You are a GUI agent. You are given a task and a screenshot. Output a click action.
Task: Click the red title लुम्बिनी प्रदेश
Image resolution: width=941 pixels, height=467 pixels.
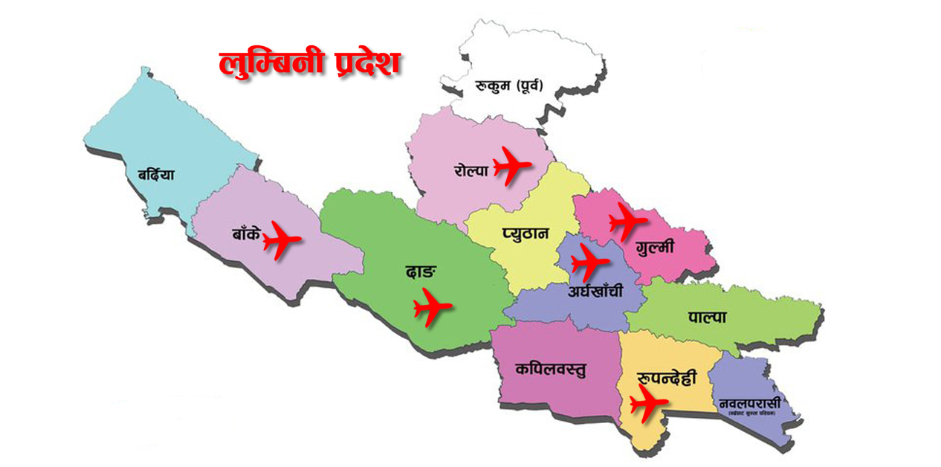pyautogui.click(x=310, y=63)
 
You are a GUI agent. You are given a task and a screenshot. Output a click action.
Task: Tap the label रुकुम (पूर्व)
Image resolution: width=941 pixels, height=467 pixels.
pyautogui.click(x=509, y=86)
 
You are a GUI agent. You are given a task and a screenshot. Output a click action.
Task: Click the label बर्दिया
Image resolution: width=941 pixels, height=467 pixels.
pyautogui.click(x=155, y=176)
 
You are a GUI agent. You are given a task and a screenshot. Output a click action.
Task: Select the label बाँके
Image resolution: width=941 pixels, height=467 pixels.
pyautogui.click(x=245, y=234)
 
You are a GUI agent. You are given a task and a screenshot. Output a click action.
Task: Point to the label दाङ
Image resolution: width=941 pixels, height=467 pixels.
pyautogui.click(x=419, y=271)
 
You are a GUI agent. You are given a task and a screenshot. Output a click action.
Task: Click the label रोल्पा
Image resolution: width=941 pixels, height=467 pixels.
pyautogui.click(x=470, y=170)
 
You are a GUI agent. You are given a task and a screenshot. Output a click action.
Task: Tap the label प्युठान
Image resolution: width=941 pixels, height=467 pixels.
pyautogui.click(x=525, y=233)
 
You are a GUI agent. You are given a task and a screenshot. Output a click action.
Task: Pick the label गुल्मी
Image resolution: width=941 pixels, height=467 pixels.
pyautogui.click(x=655, y=247)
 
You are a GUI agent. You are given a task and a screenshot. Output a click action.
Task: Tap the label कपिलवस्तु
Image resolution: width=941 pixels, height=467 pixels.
pyautogui.click(x=550, y=369)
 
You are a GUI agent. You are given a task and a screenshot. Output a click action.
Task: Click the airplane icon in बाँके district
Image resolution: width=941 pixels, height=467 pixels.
pyautogui.click(x=280, y=239)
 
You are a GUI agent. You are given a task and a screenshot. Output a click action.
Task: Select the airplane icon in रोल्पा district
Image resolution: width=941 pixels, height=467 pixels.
pyautogui.click(x=511, y=165)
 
